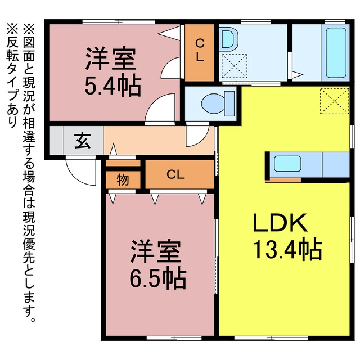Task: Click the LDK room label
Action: (x=280, y=223)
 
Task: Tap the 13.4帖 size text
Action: (x=287, y=249)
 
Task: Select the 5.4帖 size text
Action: (x=112, y=84)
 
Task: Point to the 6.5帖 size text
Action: (x=157, y=277)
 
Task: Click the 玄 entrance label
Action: (x=83, y=141)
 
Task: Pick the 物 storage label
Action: (x=123, y=180)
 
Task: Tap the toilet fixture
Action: (x=218, y=103)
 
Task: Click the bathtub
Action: (x=336, y=53)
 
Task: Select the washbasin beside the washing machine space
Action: (x=229, y=39)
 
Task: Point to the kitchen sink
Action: (x=287, y=164)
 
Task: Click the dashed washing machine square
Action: (x=235, y=66)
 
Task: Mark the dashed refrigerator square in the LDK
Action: (x=335, y=101)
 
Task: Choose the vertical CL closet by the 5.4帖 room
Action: (x=200, y=52)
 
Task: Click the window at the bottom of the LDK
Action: (x=271, y=338)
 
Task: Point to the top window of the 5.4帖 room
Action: (x=119, y=22)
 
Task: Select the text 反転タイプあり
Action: (x=11, y=75)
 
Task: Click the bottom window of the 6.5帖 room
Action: (x=174, y=338)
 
